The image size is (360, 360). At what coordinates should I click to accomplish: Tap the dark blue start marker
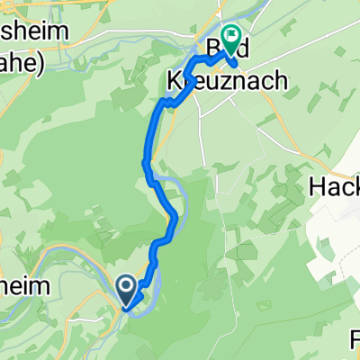click(127, 287)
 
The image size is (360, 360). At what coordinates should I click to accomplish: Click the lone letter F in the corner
click(355, 340)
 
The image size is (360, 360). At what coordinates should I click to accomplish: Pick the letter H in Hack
click(318, 188)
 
